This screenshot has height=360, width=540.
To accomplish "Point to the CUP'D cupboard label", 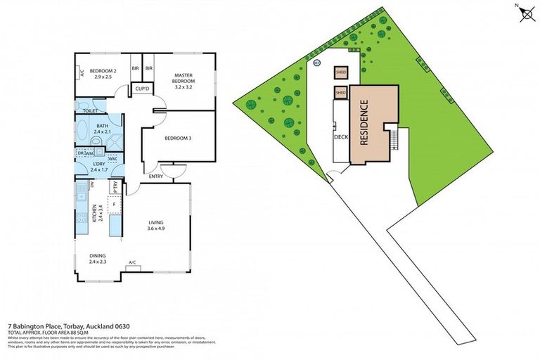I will point(141,89).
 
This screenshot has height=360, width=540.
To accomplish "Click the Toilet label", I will point(89,111).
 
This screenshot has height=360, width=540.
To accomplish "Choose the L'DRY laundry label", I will point(99,166).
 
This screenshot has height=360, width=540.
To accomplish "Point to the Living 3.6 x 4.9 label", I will point(155,224).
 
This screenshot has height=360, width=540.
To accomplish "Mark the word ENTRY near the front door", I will point(155,176).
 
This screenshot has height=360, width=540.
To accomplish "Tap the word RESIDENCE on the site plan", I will point(365,123).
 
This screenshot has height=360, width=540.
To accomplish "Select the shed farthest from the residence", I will point(340,72).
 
